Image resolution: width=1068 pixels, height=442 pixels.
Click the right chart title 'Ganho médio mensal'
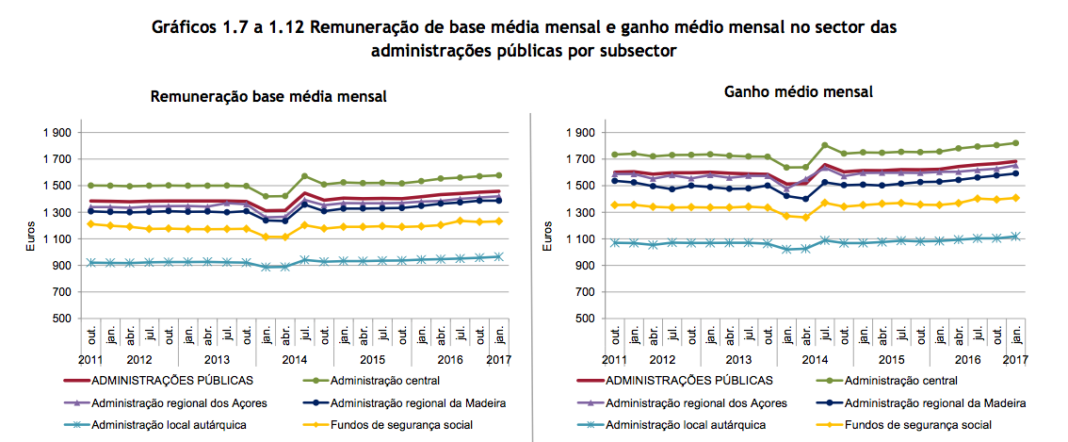point(799,91)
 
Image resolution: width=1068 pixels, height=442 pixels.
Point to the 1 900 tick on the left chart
point(57,133)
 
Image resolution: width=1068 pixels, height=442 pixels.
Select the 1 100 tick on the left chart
point(57,239)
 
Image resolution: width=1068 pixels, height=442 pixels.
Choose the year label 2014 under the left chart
point(295,359)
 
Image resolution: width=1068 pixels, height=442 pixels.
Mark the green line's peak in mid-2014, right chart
point(825,145)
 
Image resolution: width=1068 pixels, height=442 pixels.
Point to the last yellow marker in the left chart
point(499,221)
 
